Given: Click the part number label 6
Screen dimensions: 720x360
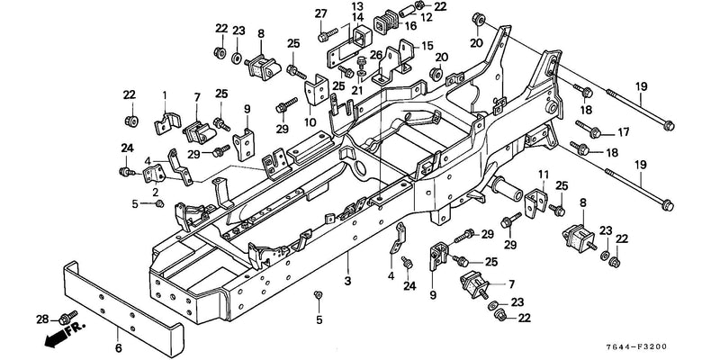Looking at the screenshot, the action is pos(119,348).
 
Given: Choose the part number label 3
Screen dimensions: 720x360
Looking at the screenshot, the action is pos(347,281).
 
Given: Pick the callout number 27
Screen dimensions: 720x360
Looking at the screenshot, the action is pos(321,13).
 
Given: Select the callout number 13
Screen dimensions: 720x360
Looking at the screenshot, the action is pos(357,6).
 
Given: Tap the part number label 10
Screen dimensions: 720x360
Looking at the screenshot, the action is pos(310,122).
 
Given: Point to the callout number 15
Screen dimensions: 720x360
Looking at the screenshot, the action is pos(427,47).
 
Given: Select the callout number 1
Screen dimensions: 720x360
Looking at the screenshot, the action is pos(165,95).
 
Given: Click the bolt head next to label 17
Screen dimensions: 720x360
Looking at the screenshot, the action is pos(594,132).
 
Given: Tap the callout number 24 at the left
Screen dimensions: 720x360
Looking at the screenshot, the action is pos(127,148).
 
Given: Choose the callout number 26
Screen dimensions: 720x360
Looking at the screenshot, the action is pos(376,56).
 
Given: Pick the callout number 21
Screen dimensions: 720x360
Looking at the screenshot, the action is pos(358,90).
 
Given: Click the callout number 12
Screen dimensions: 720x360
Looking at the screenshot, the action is pos(426,18).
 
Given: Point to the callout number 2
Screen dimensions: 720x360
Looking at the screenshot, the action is pos(155,192).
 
